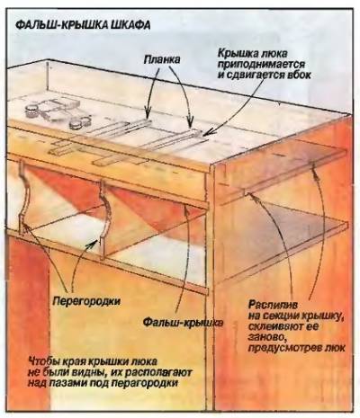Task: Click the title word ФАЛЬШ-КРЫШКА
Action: (x=62, y=25)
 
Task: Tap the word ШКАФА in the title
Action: (x=130, y=25)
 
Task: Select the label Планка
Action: (x=162, y=59)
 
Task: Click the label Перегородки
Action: (x=86, y=301)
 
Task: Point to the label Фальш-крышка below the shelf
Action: (x=183, y=323)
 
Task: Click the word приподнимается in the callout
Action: (x=261, y=64)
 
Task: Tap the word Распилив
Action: (x=273, y=305)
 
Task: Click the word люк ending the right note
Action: (x=336, y=348)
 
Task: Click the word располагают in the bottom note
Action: (x=157, y=372)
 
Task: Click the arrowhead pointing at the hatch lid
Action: (x=210, y=133)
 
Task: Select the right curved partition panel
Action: (x=103, y=218)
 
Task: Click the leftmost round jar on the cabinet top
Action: (x=31, y=111)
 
